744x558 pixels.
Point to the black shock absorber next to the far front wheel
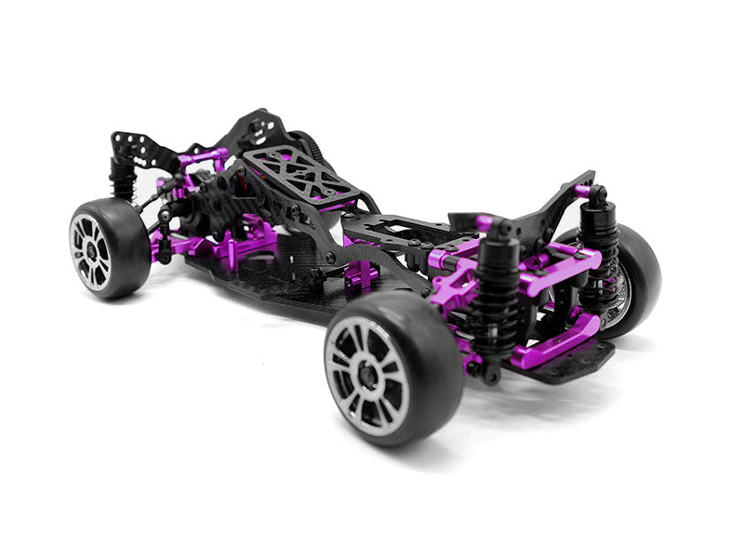pos(594,244)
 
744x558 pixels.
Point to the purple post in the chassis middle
pos(363,275)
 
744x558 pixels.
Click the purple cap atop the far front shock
pos(584,192)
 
